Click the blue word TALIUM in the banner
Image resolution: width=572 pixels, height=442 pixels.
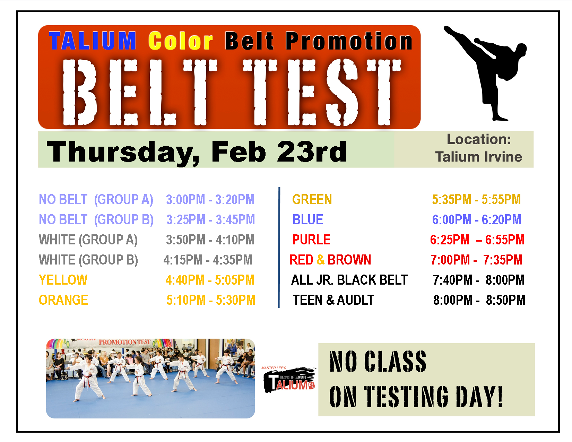click(x=93, y=41)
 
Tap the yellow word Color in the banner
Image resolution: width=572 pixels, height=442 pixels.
click(x=181, y=41)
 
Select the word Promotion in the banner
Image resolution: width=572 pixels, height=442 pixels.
click(x=349, y=41)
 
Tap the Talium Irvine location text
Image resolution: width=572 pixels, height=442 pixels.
click(x=478, y=157)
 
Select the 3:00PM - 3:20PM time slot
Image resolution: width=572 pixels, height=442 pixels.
click(x=210, y=200)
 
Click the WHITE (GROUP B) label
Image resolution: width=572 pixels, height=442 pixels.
click(x=88, y=260)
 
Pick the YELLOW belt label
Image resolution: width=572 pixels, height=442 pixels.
click(x=63, y=280)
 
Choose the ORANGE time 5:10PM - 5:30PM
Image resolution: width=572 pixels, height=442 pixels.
click(x=211, y=300)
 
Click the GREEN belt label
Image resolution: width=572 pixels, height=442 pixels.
click(x=312, y=200)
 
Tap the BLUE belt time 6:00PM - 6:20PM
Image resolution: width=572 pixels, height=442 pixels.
click(x=476, y=219)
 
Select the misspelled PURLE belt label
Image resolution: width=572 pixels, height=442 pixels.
click(x=311, y=240)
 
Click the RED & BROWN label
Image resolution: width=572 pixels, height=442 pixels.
click(x=330, y=260)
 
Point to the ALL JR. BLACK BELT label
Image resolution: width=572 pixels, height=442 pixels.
click(x=349, y=280)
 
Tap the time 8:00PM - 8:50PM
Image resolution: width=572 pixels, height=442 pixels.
click(x=479, y=300)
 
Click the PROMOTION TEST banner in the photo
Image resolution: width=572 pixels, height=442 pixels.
click(x=124, y=342)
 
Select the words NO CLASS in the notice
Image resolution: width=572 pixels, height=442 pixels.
click(x=378, y=362)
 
